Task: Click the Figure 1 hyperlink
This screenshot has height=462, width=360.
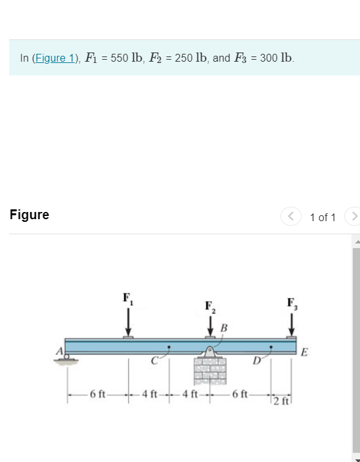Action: click(56, 58)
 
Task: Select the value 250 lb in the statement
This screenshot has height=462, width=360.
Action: click(193, 58)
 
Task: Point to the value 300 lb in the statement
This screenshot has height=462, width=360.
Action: click(277, 58)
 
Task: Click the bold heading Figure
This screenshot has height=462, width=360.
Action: click(30, 215)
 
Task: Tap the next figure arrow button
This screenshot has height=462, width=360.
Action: click(354, 216)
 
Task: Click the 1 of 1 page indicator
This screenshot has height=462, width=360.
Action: click(323, 217)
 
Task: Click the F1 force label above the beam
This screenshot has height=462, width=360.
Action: click(127, 297)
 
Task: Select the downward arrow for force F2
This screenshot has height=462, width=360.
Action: click(210, 325)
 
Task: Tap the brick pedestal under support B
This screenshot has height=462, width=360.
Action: click(210, 371)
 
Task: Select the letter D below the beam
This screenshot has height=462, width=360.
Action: click(256, 360)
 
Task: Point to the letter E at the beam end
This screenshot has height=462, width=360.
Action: click(304, 352)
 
